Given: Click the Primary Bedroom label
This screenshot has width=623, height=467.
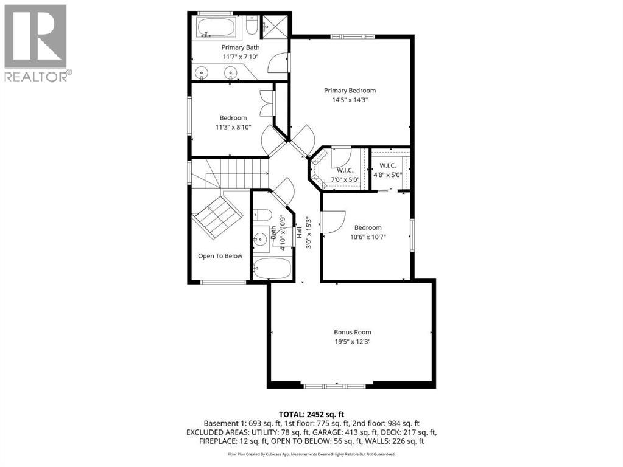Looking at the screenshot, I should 350,91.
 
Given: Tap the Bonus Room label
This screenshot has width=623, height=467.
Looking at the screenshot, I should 352,332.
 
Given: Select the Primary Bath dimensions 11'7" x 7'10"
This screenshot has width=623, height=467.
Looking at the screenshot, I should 241,57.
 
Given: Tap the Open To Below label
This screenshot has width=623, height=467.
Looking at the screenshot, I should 220,256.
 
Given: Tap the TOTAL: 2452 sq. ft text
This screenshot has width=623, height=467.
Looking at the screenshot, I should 312,414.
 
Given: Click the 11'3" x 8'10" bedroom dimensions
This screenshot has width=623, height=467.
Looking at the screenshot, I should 233,127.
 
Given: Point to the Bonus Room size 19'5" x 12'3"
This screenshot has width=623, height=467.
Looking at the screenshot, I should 352,342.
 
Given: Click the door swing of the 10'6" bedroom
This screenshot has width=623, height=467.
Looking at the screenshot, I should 336,221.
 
